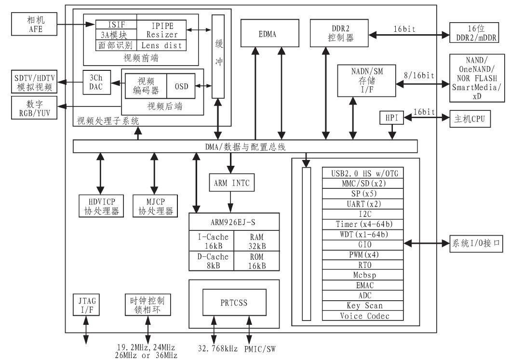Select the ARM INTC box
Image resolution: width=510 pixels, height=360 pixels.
230,183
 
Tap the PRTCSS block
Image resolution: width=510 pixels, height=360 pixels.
234,304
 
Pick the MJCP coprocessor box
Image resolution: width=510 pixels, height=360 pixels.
156,206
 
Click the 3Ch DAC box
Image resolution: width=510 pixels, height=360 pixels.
96,82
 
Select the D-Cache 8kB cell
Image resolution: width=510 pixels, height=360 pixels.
212,260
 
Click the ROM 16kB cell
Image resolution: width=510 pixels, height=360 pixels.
256,260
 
